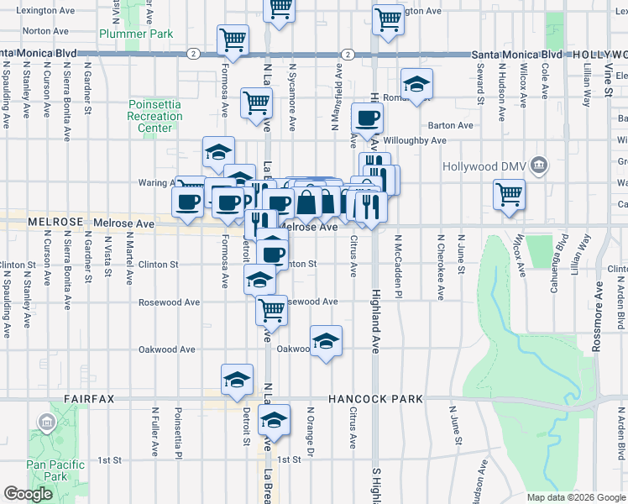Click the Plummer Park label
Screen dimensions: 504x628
click(x=135, y=34)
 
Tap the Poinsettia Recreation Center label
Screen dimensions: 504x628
click(x=154, y=116)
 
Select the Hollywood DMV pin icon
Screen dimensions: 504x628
click(x=541, y=163)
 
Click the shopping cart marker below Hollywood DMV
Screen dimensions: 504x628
click(x=509, y=195)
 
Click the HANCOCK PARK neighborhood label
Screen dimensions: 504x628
click(x=375, y=399)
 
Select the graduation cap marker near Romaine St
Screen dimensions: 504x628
click(x=416, y=84)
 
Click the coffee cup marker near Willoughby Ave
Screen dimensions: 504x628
click(x=366, y=118)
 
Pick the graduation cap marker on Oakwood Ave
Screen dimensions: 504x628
click(x=326, y=340)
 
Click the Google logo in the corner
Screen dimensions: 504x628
click(x=28, y=494)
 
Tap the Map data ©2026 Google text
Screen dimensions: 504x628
click(x=575, y=497)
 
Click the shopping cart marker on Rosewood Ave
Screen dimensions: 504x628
click(x=272, y=309)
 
